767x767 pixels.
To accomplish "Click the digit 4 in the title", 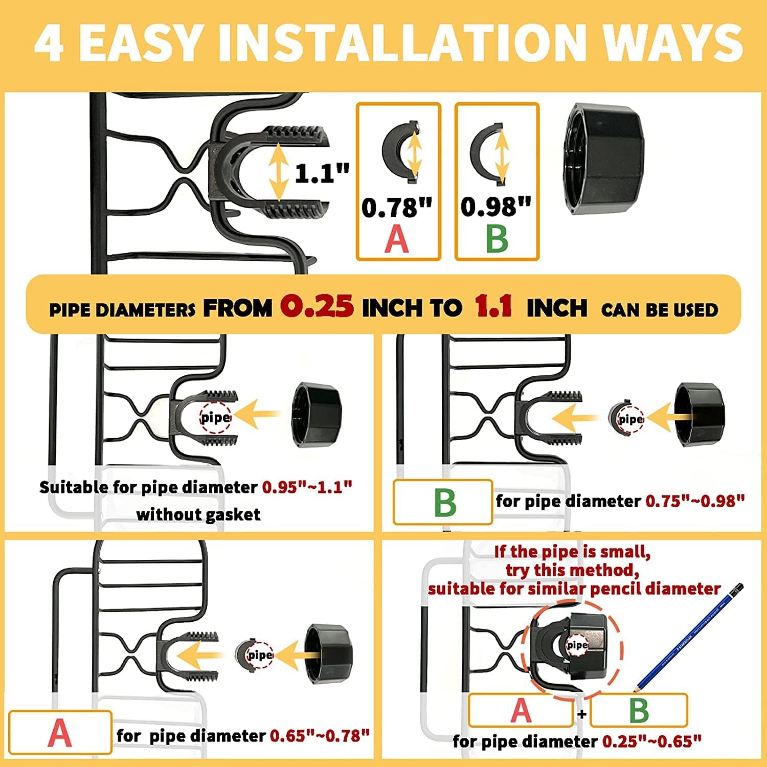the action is point(50,43).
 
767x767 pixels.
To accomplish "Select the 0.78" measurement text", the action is point(397,207).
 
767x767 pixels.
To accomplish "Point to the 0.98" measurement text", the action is point(496,206).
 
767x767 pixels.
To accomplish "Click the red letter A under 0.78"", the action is point(397,239).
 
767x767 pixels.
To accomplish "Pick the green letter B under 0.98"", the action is point(497,238).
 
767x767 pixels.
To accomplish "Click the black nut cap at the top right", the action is point(603,160).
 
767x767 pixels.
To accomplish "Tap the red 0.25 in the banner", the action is point(317,307).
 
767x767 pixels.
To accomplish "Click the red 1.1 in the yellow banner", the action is point(493,306).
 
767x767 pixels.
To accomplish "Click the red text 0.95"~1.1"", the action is point(307,487).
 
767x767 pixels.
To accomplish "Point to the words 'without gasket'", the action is point(198,514).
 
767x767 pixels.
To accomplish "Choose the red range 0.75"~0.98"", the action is point(695,501).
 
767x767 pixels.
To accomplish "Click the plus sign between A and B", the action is point(581,713).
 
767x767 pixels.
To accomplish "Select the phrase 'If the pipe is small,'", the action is point(572,552).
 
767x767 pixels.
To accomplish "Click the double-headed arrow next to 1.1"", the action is point(278,172).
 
